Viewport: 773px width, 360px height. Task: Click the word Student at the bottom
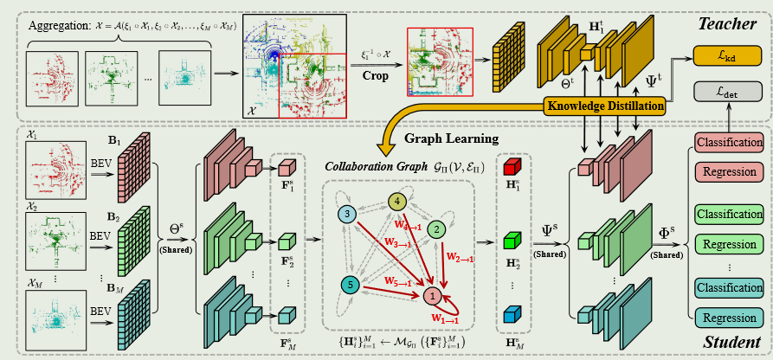point(731,342)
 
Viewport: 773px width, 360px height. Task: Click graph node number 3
point(348,213)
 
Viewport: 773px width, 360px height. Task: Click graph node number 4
point(398,202)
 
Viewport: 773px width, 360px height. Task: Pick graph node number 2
point(437,230)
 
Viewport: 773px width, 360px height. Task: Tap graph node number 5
point(351,283)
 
